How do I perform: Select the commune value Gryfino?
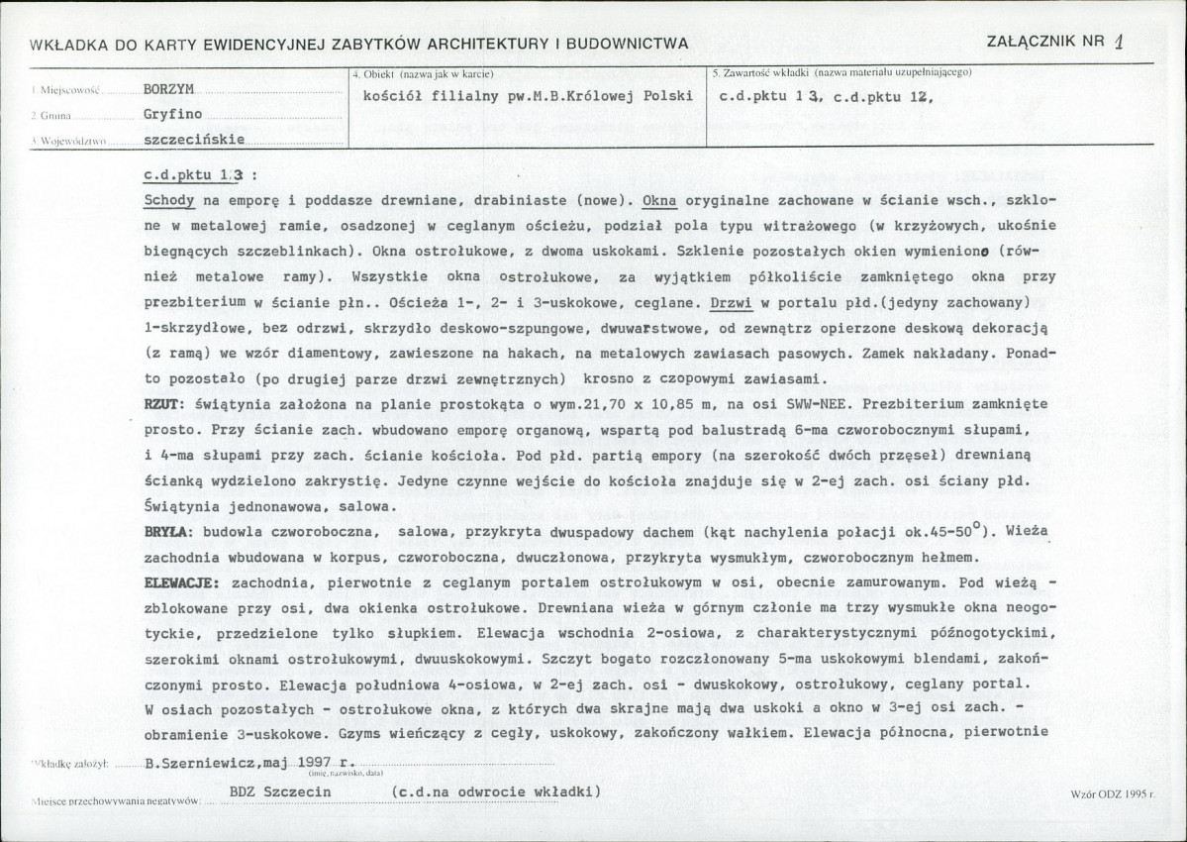click(172, 114)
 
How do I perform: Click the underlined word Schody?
click(168, 199)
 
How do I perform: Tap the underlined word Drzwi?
click(733, 301)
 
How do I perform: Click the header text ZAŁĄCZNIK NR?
click(1045, 41)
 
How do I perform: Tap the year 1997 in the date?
click(318, 764)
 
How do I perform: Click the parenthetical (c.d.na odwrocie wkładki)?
click(495, 793)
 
